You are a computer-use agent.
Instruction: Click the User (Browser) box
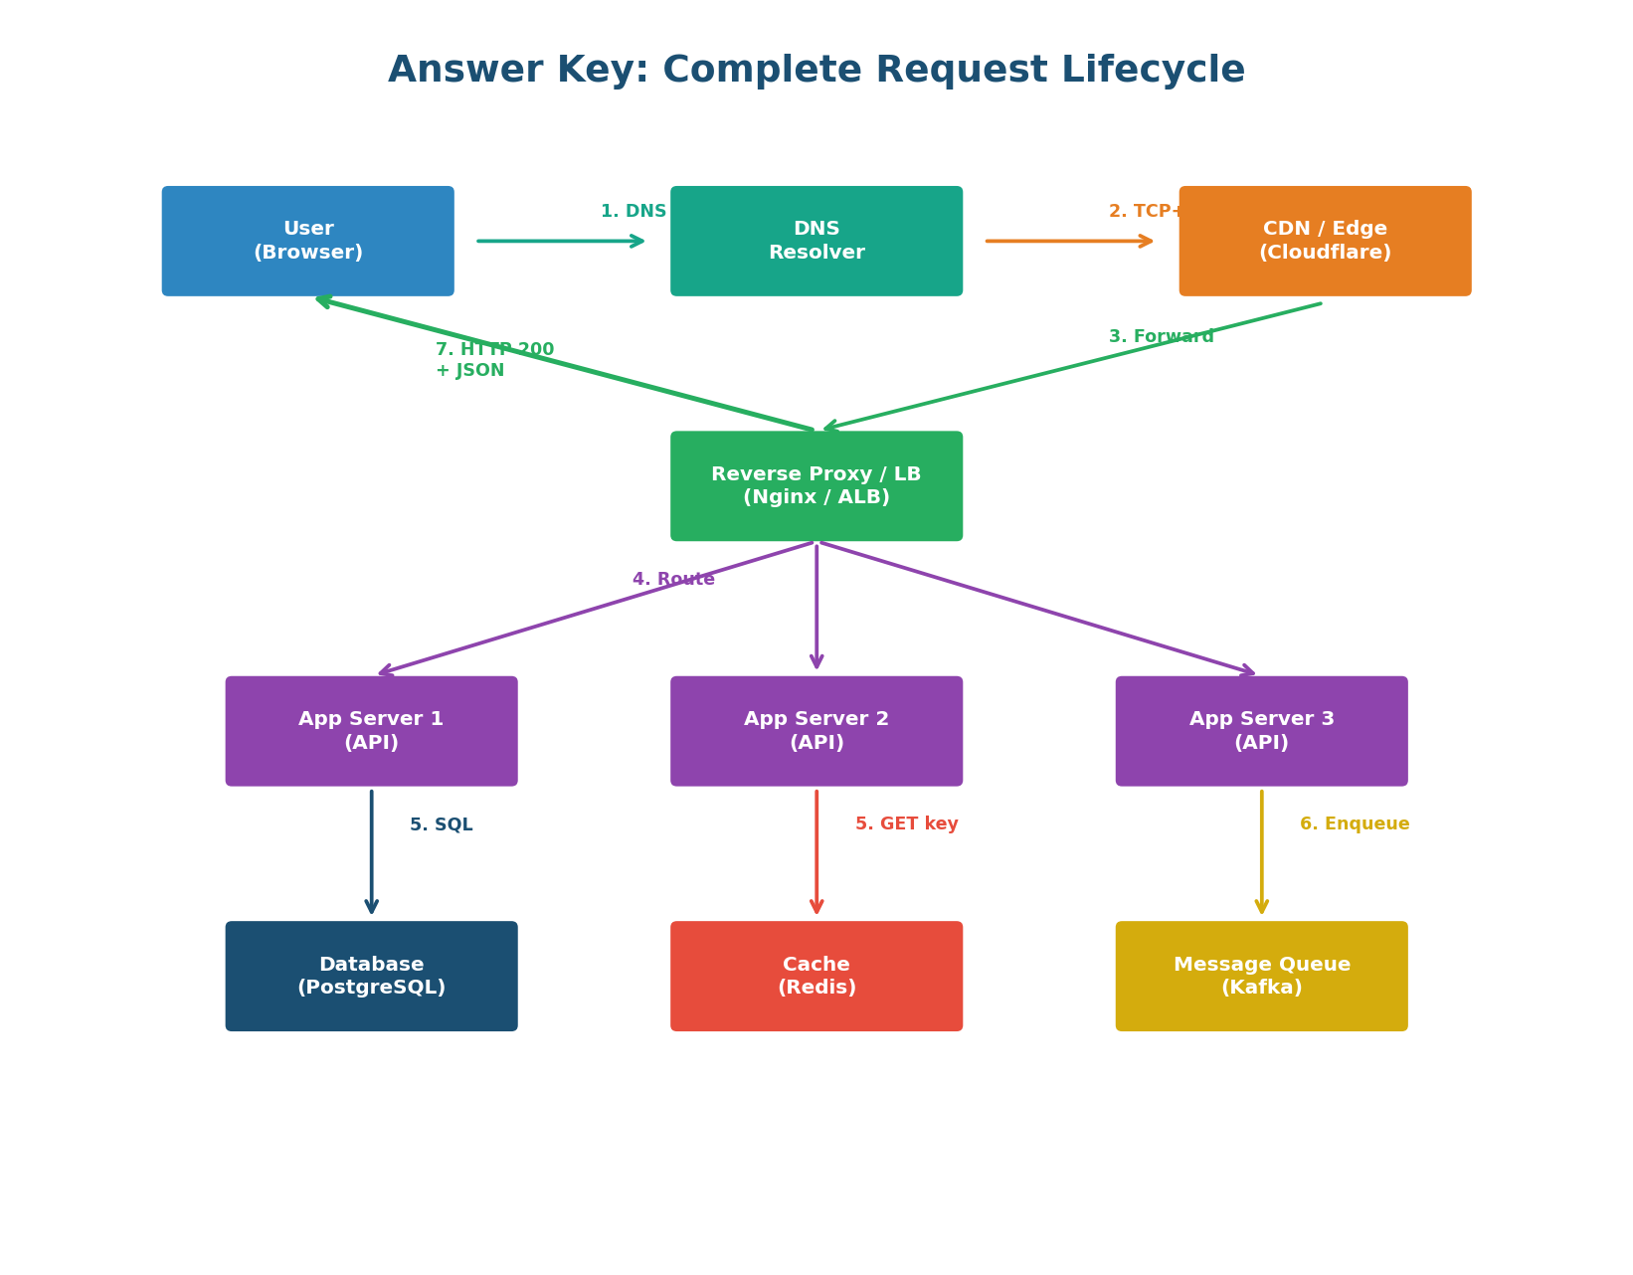307,241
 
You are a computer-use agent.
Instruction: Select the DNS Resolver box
816,241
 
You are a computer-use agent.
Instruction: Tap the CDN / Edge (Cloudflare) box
1324,241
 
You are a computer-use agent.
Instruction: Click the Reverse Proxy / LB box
816,485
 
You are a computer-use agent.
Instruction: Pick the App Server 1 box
371,731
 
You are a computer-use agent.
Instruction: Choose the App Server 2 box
816,731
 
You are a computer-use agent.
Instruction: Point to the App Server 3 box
1261,731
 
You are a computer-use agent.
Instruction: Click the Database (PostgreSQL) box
371,976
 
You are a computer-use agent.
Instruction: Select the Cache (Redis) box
816,976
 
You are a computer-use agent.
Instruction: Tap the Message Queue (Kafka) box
1261,976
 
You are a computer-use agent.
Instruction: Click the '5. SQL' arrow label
441,824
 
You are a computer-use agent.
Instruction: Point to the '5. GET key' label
906,824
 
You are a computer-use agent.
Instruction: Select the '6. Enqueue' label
1354,824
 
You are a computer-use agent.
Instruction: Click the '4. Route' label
673,579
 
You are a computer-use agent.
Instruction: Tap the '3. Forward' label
1161,336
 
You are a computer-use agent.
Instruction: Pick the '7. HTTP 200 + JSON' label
493,360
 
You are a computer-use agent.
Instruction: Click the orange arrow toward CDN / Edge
1069,241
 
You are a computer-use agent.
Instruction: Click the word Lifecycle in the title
1153,71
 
